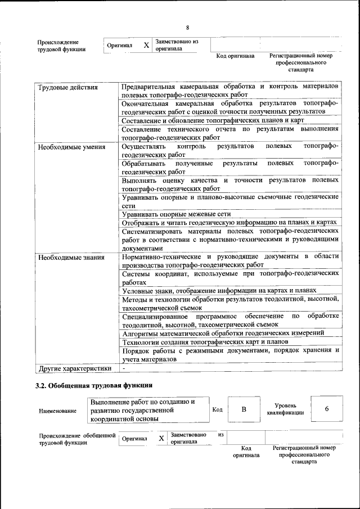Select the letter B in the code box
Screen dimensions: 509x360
244,409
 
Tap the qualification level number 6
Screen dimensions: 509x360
326,409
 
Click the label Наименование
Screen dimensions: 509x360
57,411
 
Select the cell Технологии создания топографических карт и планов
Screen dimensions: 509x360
205,341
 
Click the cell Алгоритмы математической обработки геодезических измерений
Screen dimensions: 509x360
223,333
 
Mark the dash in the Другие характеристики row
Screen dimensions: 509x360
124,368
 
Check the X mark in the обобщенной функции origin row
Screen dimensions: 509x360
161,438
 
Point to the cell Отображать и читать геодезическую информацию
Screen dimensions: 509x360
229,223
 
